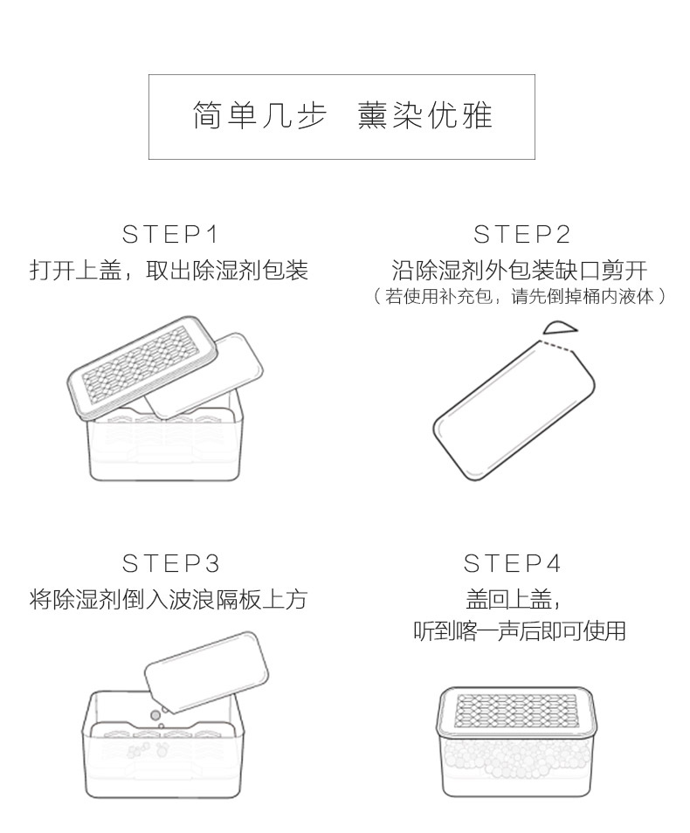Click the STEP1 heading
pos(170,234)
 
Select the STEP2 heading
pos(522,234)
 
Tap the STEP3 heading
pos(170,563)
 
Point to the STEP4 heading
pos(512,563)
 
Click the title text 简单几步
pos(259,115)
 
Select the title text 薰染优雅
pos(425,115)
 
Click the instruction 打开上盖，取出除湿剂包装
pos(169,270)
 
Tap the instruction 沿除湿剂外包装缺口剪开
pos(520,270)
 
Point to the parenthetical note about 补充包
pos(519,296)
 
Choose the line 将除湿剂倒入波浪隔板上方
pos(169,599)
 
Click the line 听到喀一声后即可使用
pos(520,630)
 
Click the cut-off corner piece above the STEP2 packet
pos(559,327)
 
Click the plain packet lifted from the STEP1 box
pos(205,375)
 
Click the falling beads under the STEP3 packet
pos(157,717)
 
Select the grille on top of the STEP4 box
pos(515,711)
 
